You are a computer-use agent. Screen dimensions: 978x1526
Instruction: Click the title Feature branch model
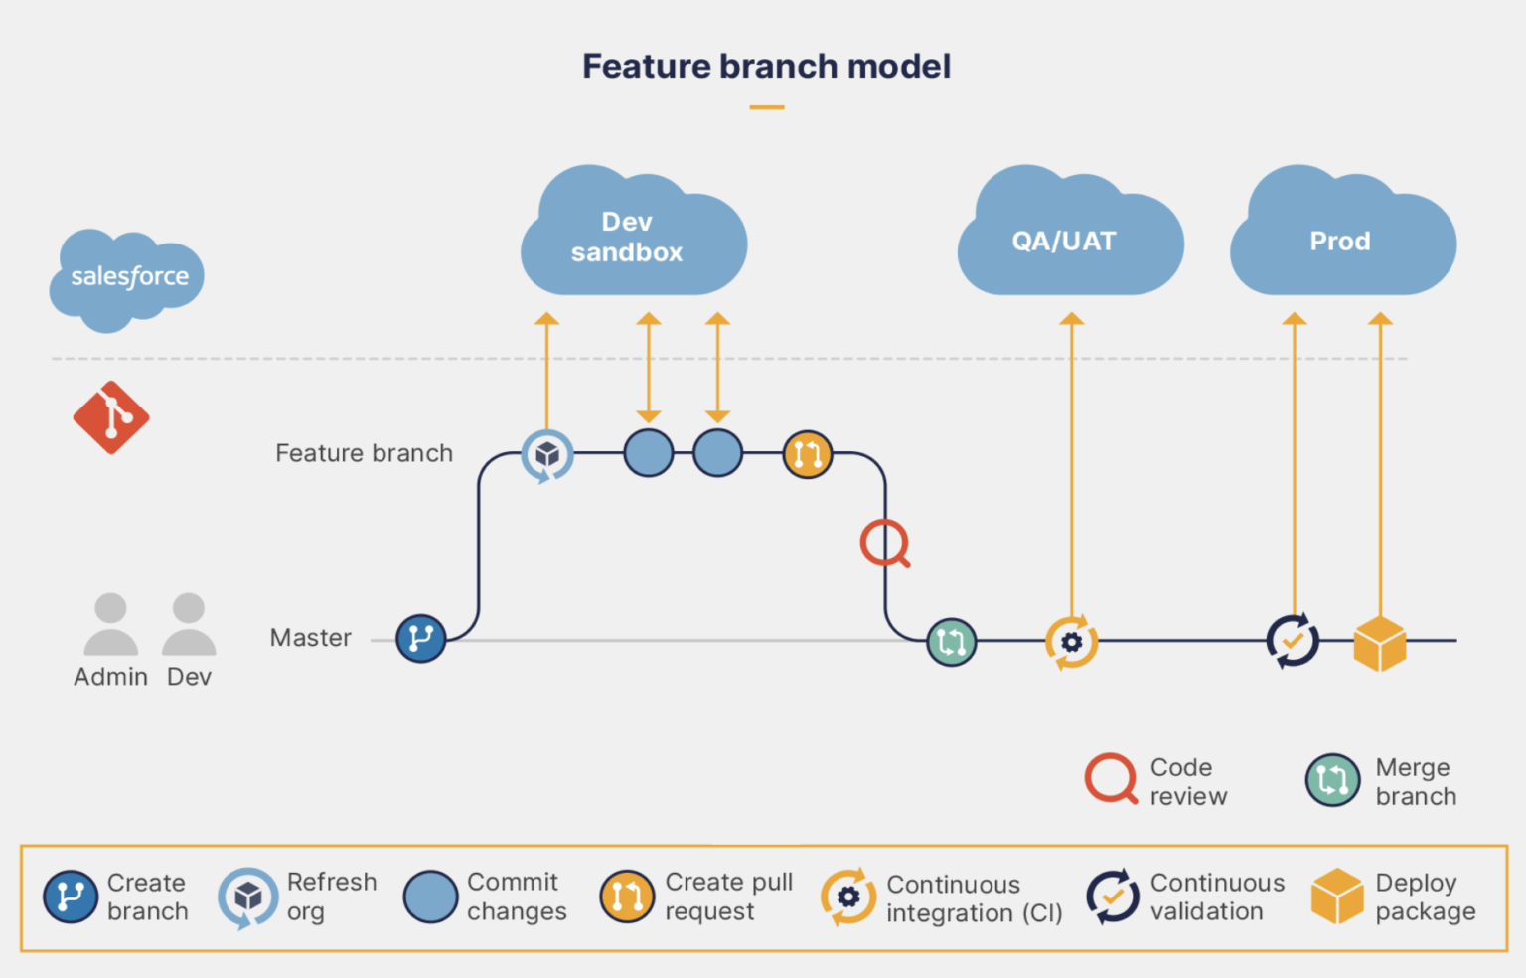click(x=766, y=67)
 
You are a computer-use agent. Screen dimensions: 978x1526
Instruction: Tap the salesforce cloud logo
click(x=127, y=277)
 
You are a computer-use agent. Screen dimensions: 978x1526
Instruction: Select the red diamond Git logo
click(x=111, y=417)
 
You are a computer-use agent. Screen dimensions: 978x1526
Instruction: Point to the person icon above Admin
click(x=110, y=625)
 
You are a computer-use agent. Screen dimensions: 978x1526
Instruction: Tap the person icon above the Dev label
click(x=189, y=625)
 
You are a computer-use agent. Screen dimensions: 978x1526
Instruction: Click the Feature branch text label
click(x=364, y=453)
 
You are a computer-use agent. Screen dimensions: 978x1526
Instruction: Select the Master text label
click(x=310, y=638)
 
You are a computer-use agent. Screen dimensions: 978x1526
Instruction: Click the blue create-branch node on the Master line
click(x=420, y=639)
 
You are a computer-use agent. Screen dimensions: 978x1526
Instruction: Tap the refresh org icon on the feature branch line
click(x=547, y=455)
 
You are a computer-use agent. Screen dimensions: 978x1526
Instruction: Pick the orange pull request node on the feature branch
click(x=807, y=454)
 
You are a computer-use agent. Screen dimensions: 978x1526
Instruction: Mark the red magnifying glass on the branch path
click(x=883, y=543)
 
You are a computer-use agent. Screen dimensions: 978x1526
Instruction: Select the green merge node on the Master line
click(x=951, y=642)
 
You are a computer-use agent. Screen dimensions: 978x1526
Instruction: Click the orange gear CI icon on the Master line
click(x=1071, y=642)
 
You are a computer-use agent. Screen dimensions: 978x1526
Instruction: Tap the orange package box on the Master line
click(x=1380, y=643)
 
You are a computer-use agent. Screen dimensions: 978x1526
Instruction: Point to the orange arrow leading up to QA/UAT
click(x=1071, y=467)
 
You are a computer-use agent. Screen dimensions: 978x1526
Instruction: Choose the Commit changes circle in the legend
click(x=430, y=896)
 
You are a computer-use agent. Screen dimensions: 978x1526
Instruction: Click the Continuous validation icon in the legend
click(x=1113, y=896)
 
